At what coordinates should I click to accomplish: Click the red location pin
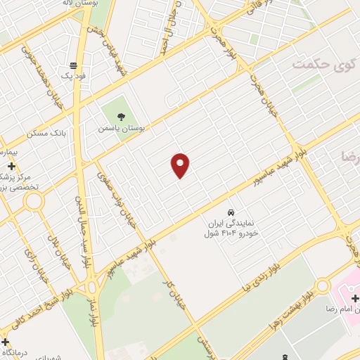pyautogui.click(x=181, y=165)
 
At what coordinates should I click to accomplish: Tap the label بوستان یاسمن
pyautogui.click(x=122, y=129)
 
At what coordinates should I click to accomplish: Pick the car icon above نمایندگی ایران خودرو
pyautogui.click(x=231, y=212)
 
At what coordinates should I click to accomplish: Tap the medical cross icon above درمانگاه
pyautogui.click(x=6, y=342)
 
